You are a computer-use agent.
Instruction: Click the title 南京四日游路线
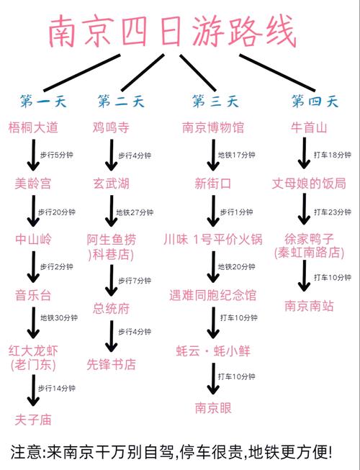pyautogui.click(x=172, y=32)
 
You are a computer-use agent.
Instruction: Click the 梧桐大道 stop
pyautogui.click(x=33, y=128)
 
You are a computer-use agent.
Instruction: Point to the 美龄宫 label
pyautogui.click(x=33, y=184)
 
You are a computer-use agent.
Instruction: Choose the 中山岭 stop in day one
pyautogui.click(x=33, y=239)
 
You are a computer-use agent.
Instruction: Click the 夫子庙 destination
pyautogui.click(x=33, y=419)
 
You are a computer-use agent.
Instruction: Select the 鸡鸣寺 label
pyautogui.click(x=111, y=128)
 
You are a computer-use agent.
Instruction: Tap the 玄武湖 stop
pyautogui.click(x=111, y=184)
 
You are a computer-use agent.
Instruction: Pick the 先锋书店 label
pyautogui.click(x=111, y=364)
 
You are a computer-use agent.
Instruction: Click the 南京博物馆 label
pyautogui.click(x=213, y=128)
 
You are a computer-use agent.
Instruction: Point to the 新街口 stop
pyautogui.click(x=213, y=184)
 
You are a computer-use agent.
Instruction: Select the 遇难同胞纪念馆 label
pyautogui.click(x=213, y=295)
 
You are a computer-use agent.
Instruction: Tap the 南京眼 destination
pyautogui.click(x=213, y=407)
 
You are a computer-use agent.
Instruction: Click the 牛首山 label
pyautogui.click(x=310, y=128)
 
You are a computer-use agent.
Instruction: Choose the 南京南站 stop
pyautogui.click(x=310, y=305)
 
